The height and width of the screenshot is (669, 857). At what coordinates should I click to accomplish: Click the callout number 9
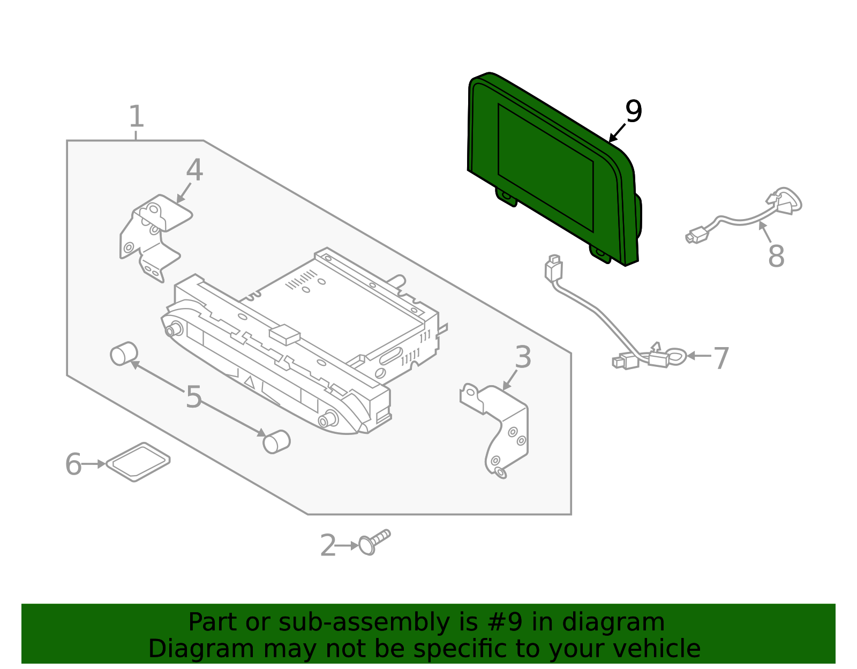pyautogui.click(x=633, y=112)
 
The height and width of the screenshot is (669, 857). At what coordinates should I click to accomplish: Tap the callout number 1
pyautogui.click(x=137, y=117)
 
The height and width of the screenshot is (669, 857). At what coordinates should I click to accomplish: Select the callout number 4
pyautogui.click(x=194, y=170)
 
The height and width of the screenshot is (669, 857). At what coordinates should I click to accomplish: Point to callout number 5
pyautogui.click(x=193, y=397)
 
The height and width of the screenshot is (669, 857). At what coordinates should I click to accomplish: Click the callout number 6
pyautogui.click(x=73, y=464)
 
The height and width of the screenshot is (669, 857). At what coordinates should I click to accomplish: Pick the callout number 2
pyautogui.click(x=328, y=546)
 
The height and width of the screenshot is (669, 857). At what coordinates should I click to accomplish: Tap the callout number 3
pyautogui.click(x=523, y=357)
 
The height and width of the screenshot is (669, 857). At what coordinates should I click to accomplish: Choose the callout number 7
pyautogui.click(x=721, y=358)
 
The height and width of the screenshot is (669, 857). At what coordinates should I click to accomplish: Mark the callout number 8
pyautogui.click(x=776, y=256)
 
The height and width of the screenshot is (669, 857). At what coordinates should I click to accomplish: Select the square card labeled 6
pyautogui.click(x=138, y=462)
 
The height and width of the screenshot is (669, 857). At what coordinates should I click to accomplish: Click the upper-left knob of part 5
pyautogui.click(x=124, y=354)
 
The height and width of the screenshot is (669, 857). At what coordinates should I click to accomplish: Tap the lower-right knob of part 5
pyautogui.click(x=276, y=442)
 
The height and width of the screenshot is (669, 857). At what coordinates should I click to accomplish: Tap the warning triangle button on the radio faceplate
pyautogui.click(x=250, y=382)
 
